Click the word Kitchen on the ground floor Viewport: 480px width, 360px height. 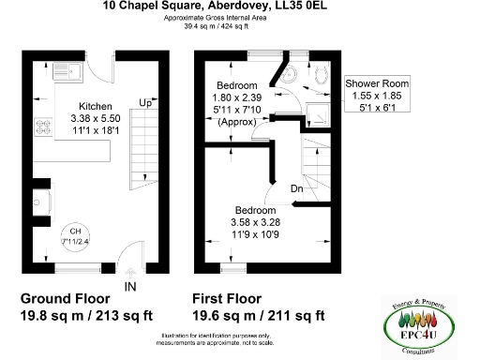96,106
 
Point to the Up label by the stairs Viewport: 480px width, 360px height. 145,101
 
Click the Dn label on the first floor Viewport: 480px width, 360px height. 296,187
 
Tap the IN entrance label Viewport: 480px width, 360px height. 129,285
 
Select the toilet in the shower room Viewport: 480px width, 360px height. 321,78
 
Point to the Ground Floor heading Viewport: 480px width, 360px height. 67,298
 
